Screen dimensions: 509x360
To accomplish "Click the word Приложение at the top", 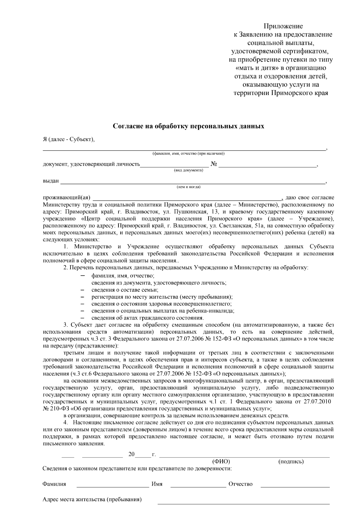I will [x=283, y=26].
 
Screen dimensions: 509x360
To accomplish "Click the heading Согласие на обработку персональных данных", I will [x=188, y=126].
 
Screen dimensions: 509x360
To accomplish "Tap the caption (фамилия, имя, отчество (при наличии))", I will [x=188, y=154].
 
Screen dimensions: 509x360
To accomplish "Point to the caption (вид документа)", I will [x=188, y=171].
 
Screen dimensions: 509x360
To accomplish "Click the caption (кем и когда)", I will [x=188, y=187].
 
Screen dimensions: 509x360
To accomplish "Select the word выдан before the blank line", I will [x=51, y=181].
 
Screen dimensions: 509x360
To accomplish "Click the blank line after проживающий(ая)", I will [x=187, y=198].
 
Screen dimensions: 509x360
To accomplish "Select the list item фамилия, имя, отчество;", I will [x=123, y=275].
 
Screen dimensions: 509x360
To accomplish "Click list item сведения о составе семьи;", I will [x=125, y=290].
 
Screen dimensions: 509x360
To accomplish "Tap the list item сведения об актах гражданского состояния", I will [x=148, y=318].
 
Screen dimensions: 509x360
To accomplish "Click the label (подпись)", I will [x=291, y=461].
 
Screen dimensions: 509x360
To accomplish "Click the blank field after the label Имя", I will [x=198, y=484].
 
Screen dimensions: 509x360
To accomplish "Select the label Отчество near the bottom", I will [x=240, y=484].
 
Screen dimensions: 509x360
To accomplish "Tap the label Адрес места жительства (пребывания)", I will [x=92, y=500].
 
